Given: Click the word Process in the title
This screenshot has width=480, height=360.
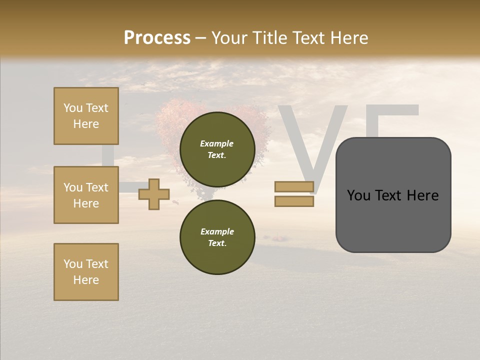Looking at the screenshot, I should click(157, 38).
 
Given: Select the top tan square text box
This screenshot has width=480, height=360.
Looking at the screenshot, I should click(86, 116).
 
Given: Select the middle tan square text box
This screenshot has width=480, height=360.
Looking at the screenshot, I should click(86, 195).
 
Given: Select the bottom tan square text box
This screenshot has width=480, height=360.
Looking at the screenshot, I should click(86, 272).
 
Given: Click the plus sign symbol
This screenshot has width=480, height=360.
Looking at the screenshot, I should click(154, 194).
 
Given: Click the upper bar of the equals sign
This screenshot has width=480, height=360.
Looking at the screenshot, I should click(294, 186).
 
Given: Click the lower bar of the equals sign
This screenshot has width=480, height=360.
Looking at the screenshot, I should click(294, 201).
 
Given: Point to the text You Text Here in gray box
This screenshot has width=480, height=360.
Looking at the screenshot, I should click(393, 195).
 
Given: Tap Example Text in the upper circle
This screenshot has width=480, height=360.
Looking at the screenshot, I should click(217, 149).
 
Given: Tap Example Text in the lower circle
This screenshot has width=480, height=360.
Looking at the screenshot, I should click(217, 237).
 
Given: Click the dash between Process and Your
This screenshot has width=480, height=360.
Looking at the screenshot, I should click(201, 38).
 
